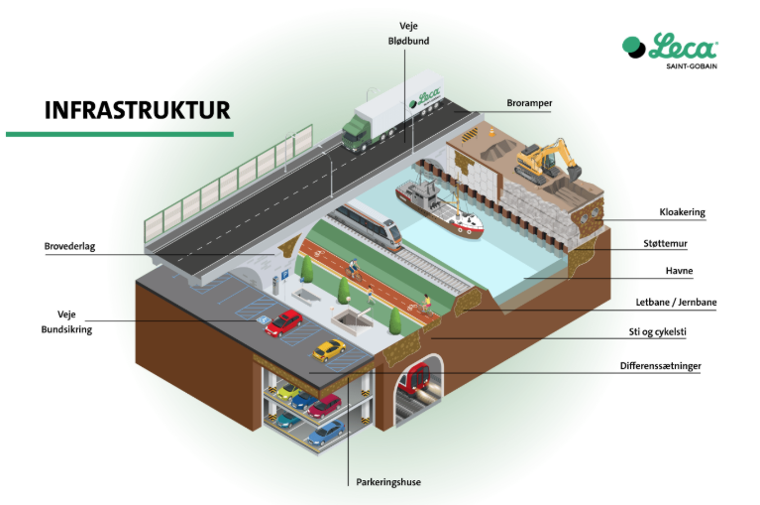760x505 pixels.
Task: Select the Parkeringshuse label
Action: (388, 482)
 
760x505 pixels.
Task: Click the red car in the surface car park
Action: (285, 320)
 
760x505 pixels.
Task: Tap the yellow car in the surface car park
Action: (330, 349)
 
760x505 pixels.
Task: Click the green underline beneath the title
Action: (120, 133)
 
